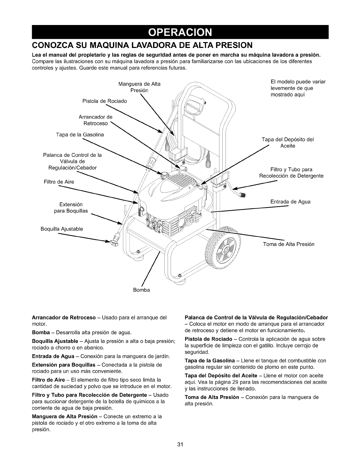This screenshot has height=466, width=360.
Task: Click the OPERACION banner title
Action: pos(180,32)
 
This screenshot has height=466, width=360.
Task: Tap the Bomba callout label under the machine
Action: pos(141,290)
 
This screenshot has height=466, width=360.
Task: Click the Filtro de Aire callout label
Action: pos(59,182)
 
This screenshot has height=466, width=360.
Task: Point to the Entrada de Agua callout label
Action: pos(290,202)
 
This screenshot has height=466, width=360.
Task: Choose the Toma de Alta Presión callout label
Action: pos(289,244)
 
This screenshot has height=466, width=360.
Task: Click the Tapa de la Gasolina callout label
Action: pos(80,135)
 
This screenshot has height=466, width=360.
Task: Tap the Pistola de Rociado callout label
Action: pos(104,101)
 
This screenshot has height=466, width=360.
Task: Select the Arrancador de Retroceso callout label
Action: pos(95,120)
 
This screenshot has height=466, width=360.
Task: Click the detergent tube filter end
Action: pos(243,194)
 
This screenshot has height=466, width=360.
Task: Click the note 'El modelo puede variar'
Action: pos(298,82)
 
